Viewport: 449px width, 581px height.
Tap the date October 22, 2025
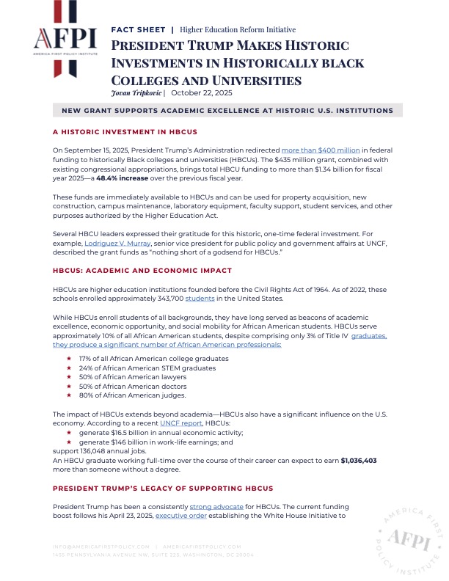pyautogui.click(x=191, y=93)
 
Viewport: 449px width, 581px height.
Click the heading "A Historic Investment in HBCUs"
pyautogui.click(x=114, y=132)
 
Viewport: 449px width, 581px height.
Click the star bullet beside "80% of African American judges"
pyautogui.click(x=68, y=395)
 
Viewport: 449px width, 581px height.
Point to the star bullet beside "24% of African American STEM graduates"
pyautogui.click(x=68, y=368)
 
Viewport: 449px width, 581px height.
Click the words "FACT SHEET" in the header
pyautogui.click(x=138, y=30)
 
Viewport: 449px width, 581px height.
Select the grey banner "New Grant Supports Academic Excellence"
pyautogui.click(x=227, y=111)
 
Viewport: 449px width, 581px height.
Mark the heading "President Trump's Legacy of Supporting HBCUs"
pyautogui.click(x=153, y=488)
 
